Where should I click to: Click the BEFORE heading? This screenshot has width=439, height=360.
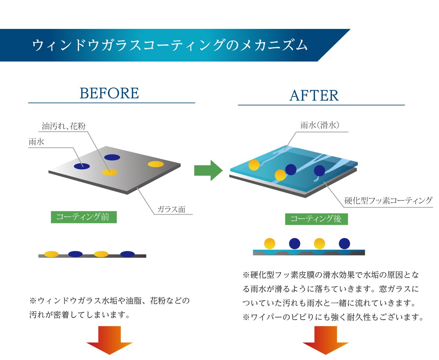click(x=109, y=93)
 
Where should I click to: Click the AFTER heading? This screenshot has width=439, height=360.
click(x=314, y=96)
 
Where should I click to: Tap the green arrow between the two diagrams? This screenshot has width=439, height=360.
click(x=208, y=170)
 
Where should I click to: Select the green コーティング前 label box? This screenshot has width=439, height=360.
click(x=84, y=217)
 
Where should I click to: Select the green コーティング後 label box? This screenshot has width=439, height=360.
click(x=316, y=219)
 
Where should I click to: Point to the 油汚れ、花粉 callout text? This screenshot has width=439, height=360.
click(x=64, y=126)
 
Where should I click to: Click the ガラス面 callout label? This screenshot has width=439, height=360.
click(x=171, y=209)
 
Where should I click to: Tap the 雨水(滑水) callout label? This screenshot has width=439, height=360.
click(x=320, y=125)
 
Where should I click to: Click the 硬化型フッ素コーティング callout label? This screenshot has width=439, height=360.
click(x=389, y=201)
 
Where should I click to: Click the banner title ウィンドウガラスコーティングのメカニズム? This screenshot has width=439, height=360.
click(x=170, y=45)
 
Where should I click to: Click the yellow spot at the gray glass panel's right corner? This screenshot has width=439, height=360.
click(x=156, y=164)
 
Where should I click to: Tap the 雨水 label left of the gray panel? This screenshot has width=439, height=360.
click(x=37, y=142)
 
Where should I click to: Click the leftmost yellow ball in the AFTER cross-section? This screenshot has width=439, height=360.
click(x=270, y=243)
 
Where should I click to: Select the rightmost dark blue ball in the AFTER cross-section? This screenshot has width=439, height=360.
click(x=344, y=243)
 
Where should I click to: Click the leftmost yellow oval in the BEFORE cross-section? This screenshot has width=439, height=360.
click(x=51, y=254)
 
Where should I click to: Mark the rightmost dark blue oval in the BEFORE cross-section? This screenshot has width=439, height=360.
click(x=127, y=254)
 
